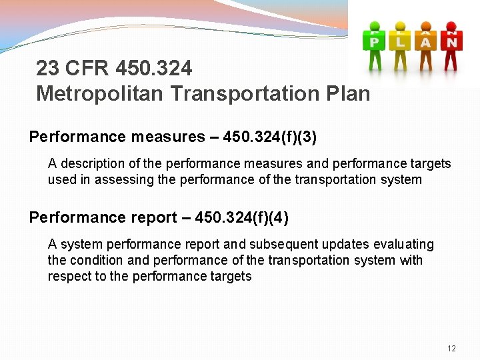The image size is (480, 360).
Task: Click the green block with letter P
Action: click(374, 41)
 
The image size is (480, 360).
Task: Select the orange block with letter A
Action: click(426, 41)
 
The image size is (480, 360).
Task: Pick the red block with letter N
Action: click(452, 41)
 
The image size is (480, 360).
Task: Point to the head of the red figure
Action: click(453, 27)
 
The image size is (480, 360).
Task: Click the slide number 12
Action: click(451, 349)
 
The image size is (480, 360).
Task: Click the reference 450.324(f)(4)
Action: click(241, 217)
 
